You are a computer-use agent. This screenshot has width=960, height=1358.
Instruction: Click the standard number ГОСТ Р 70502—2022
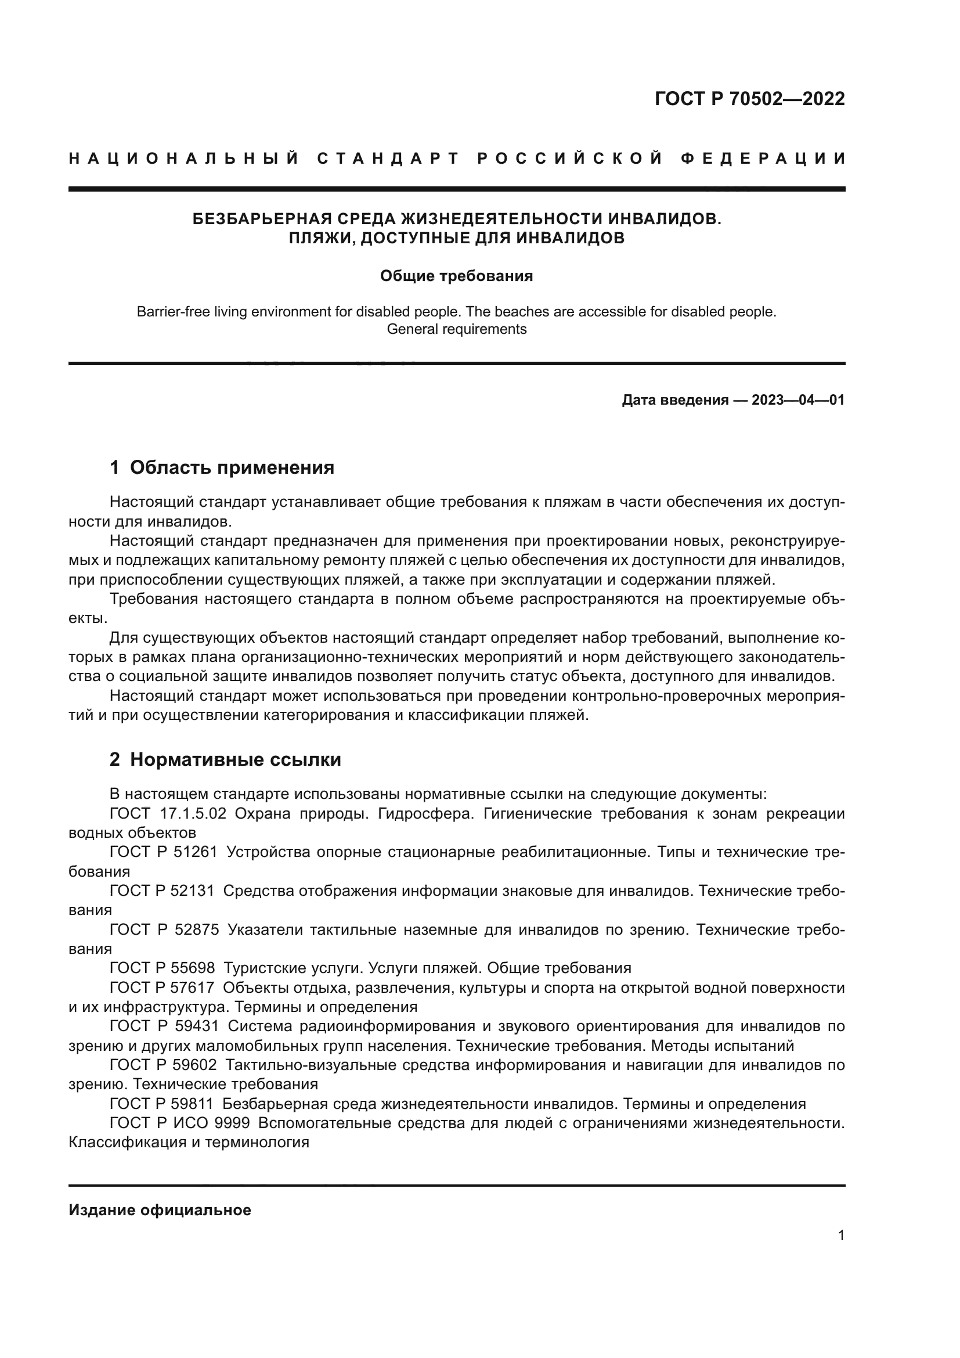tap(749, 99)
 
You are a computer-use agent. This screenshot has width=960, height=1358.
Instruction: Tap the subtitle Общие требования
tap(456, 276)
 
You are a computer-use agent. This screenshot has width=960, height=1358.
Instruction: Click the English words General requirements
tap(456, 329)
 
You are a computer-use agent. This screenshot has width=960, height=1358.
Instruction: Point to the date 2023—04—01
tap(798, 401)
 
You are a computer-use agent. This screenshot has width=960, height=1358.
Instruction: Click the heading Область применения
tap(232, 468)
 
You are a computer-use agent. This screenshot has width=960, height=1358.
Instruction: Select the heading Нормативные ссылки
tap(235, 760)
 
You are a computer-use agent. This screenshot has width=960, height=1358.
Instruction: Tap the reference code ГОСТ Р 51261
tap(163, 852)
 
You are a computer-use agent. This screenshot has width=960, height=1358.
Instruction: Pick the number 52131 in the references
tap(192, 891)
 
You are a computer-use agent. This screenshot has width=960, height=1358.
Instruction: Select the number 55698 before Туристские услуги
tap(192, 968)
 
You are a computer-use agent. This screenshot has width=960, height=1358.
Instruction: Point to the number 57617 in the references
tap(192, 988)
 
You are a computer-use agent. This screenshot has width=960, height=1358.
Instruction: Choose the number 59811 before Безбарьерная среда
tap(192, 1104)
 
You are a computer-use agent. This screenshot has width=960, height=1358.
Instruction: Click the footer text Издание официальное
tap(160, 1210)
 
